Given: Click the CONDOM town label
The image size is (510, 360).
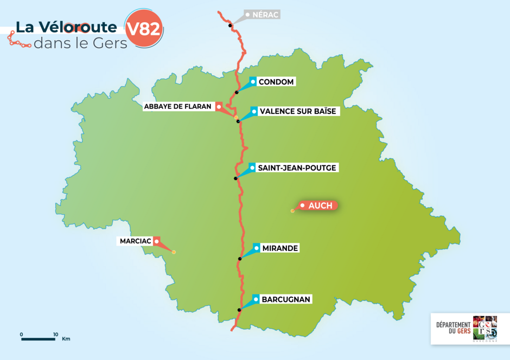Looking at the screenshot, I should (276, 82).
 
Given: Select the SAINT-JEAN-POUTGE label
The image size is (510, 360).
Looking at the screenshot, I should (297, 168).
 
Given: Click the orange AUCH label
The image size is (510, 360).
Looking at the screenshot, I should (320, 205).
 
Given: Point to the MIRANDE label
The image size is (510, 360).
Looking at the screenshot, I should (280, 248).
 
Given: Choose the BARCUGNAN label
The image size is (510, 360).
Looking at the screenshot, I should (286, 299).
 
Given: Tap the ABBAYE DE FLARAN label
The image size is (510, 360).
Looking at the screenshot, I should (177, 107).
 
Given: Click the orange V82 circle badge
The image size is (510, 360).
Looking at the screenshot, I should (143, 29).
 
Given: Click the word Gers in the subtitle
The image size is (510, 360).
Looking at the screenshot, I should (111, 43).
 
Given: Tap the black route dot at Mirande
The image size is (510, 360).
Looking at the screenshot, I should (239, 259).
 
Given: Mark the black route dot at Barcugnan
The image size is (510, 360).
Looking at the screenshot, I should (239, 310).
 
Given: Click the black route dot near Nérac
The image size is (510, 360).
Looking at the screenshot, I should (230, 25).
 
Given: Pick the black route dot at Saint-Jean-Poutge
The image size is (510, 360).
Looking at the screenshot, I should (235, 178).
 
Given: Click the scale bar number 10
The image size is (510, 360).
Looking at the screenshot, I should (55, 334).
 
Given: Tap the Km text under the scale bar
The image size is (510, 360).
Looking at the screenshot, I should (66, 339).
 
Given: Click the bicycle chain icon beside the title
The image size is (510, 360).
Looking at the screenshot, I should (18, 41).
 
